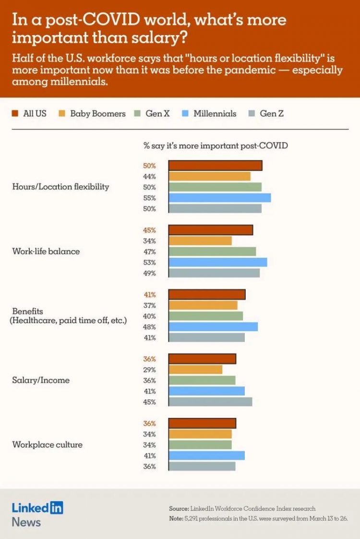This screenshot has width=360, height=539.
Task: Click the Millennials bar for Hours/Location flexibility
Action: click(219, 198)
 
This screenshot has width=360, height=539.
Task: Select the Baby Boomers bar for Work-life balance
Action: click(200, 241)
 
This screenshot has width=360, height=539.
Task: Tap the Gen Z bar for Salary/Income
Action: click(210, 402)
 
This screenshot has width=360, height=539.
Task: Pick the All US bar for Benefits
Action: click(207, 295)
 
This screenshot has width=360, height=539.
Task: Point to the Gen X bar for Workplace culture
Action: click(200, 444)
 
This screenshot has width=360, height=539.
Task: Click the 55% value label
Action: click(149, 198)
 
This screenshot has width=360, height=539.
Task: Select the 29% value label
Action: click(149, 370)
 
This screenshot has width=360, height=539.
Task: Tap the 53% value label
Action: click(149, 263)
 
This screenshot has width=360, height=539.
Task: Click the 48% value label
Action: click(149, 327)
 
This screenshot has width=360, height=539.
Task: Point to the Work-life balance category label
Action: click(46, 252)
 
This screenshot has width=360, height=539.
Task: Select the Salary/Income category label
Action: click(41, 380)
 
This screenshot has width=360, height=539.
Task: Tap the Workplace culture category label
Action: click(47, 444)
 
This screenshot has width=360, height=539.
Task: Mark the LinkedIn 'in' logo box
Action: click(57, 507)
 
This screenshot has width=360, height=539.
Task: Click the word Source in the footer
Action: click(179, 508)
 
